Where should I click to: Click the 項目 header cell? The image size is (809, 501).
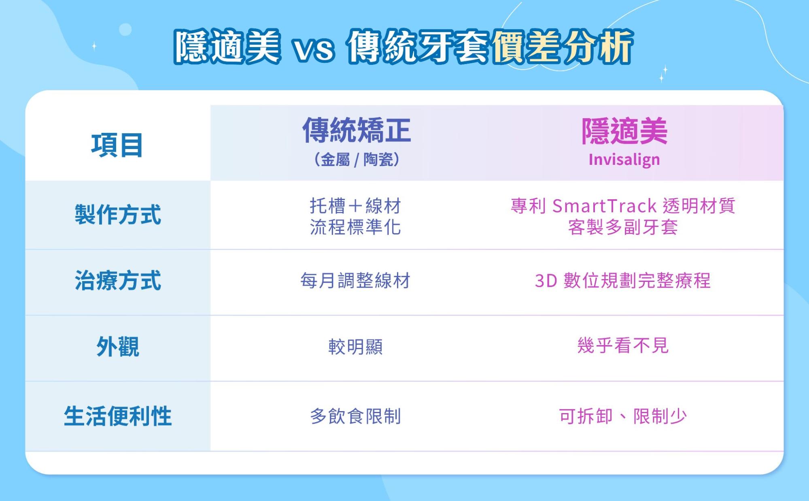(x=117, y=145)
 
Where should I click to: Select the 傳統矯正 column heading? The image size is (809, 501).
(x=357, y=130)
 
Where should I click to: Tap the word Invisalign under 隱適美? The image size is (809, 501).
(x=624, y=160)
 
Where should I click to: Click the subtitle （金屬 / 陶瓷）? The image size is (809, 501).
(x=357, y=160)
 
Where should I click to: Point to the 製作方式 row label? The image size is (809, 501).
(x=118, y=215)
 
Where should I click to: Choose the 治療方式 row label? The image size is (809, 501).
(x=118, y=281)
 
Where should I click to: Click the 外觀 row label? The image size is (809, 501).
(x=118, y=347)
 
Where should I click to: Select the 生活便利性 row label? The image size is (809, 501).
(x=118, y=416)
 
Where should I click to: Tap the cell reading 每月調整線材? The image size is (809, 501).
(x=355, y=281)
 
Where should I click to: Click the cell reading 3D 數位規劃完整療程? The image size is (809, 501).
(x=622, y=281)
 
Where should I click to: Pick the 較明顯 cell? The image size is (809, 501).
(x=355, y=347)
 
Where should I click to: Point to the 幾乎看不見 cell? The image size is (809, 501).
(x=622, y=346)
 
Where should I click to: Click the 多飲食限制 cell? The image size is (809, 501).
(x=355, y=416)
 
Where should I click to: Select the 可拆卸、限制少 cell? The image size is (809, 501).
(x=622, y=416)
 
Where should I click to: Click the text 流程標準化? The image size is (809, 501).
(x=355, y=227)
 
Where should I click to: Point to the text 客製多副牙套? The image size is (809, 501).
(x=622, y=227)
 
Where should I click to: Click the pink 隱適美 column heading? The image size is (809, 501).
(x=624, y=131)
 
